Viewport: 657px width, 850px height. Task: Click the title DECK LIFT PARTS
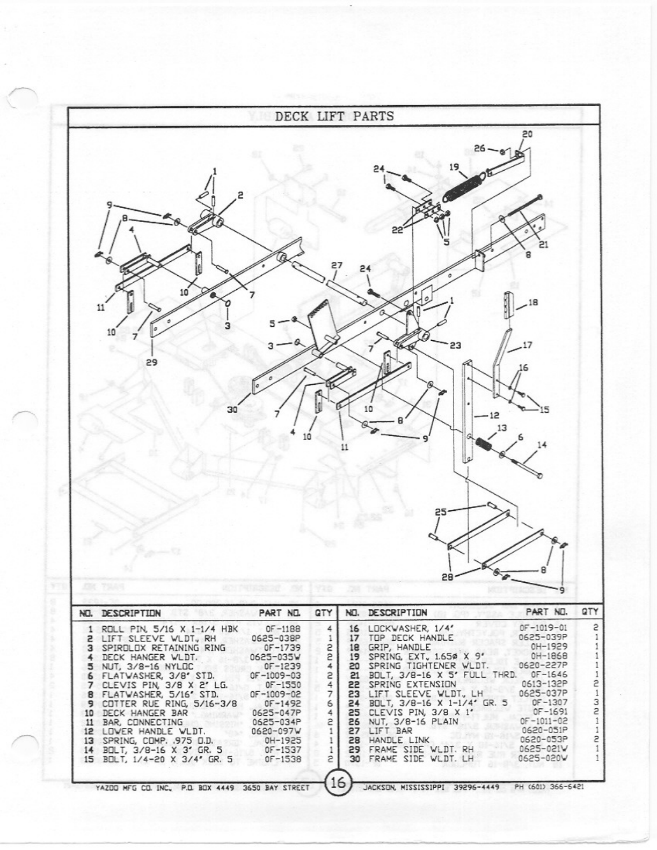click(334, 116)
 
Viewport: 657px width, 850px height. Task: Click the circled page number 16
click(338, 783)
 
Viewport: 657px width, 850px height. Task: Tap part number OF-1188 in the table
click(283, 628)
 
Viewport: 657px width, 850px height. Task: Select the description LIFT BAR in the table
click(390, 730)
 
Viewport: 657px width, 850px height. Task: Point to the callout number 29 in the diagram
click(152, 362)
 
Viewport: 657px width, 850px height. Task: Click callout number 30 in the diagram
click(232, 409)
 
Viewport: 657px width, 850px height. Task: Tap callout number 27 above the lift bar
click(337, 265)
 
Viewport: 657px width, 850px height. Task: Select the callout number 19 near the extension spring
click(454, 167)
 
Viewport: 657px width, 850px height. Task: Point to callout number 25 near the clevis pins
click(441, 511)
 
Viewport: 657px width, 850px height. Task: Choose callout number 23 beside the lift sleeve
click(455, 346)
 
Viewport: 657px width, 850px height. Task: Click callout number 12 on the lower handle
click(494, 415)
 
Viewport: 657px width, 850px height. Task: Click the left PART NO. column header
click(279, 612)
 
